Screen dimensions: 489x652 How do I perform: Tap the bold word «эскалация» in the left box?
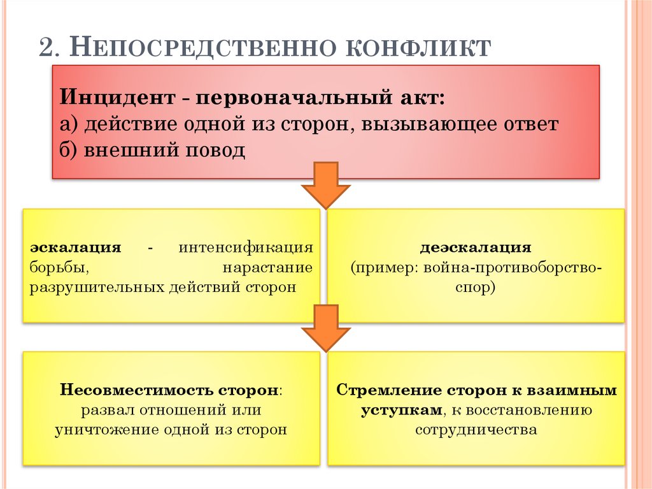(76, 247)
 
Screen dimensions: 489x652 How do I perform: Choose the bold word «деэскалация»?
(475, 247)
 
